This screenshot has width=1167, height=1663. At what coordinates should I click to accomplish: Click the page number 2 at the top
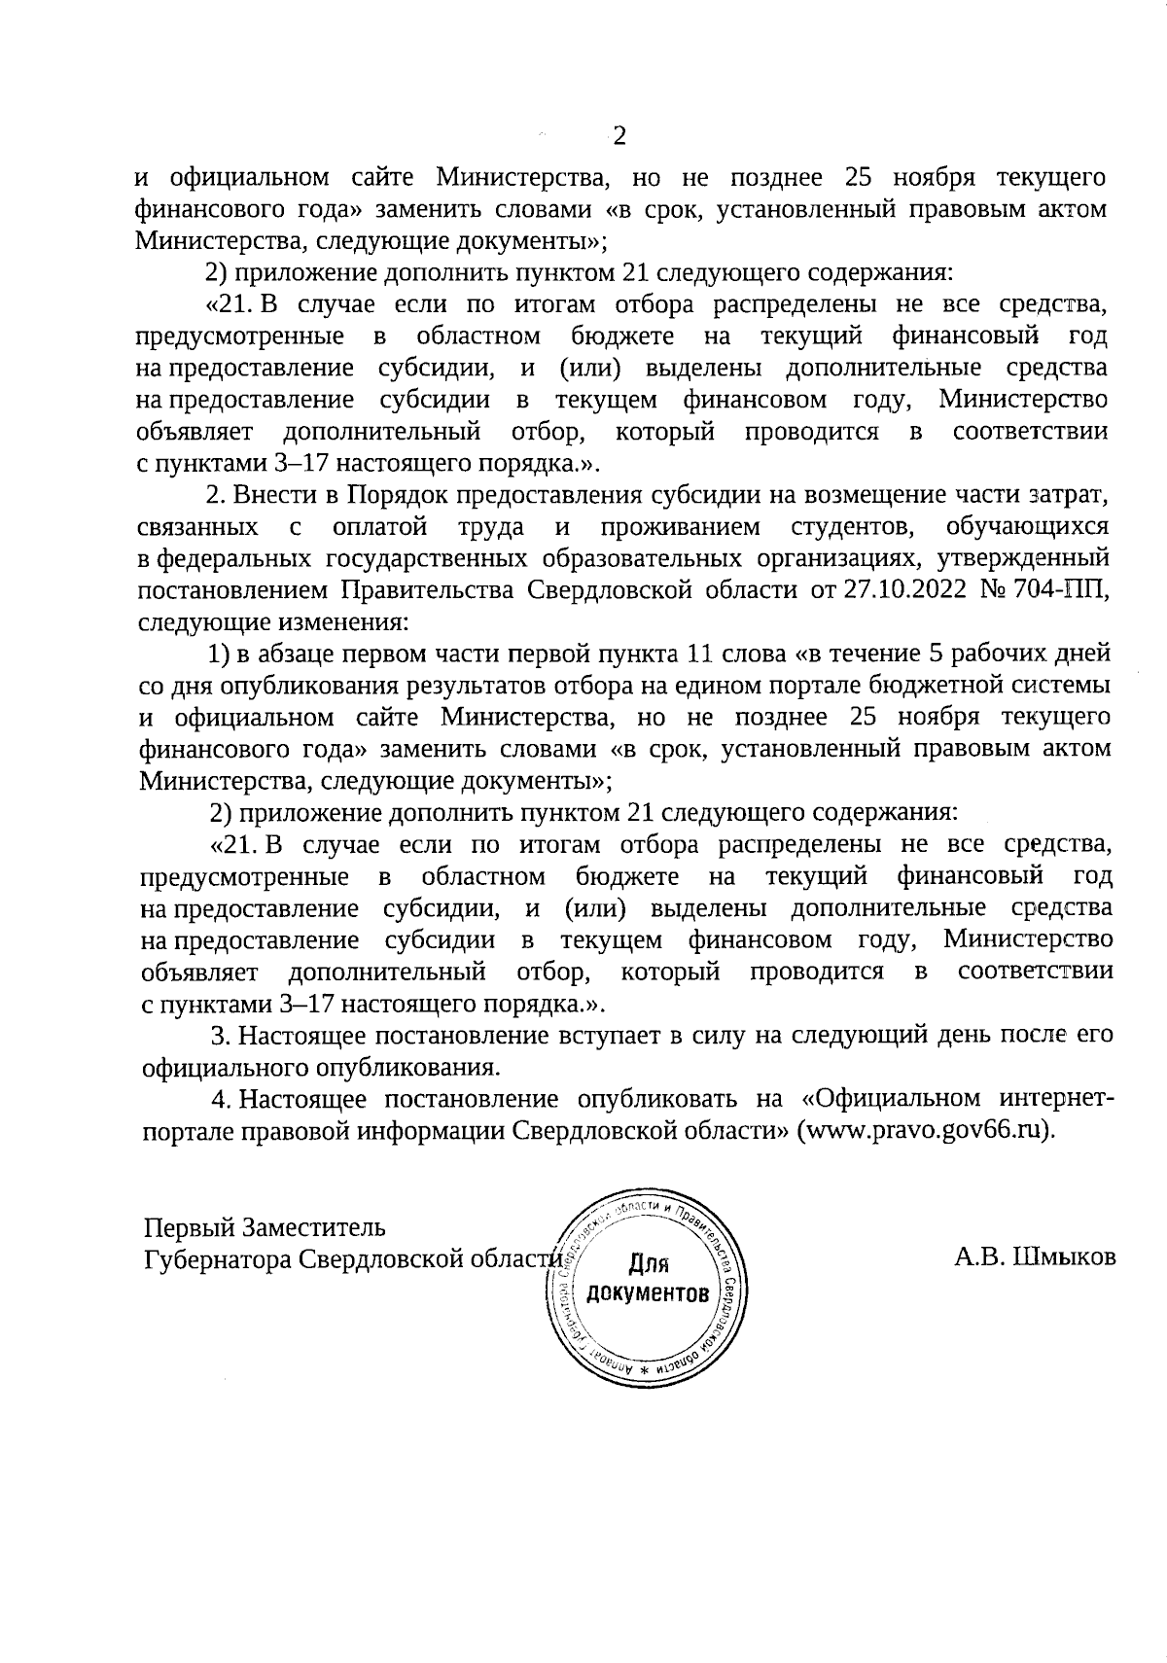(x=619, y=136)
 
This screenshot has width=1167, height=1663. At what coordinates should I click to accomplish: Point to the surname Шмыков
(x=1065, y=1257)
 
